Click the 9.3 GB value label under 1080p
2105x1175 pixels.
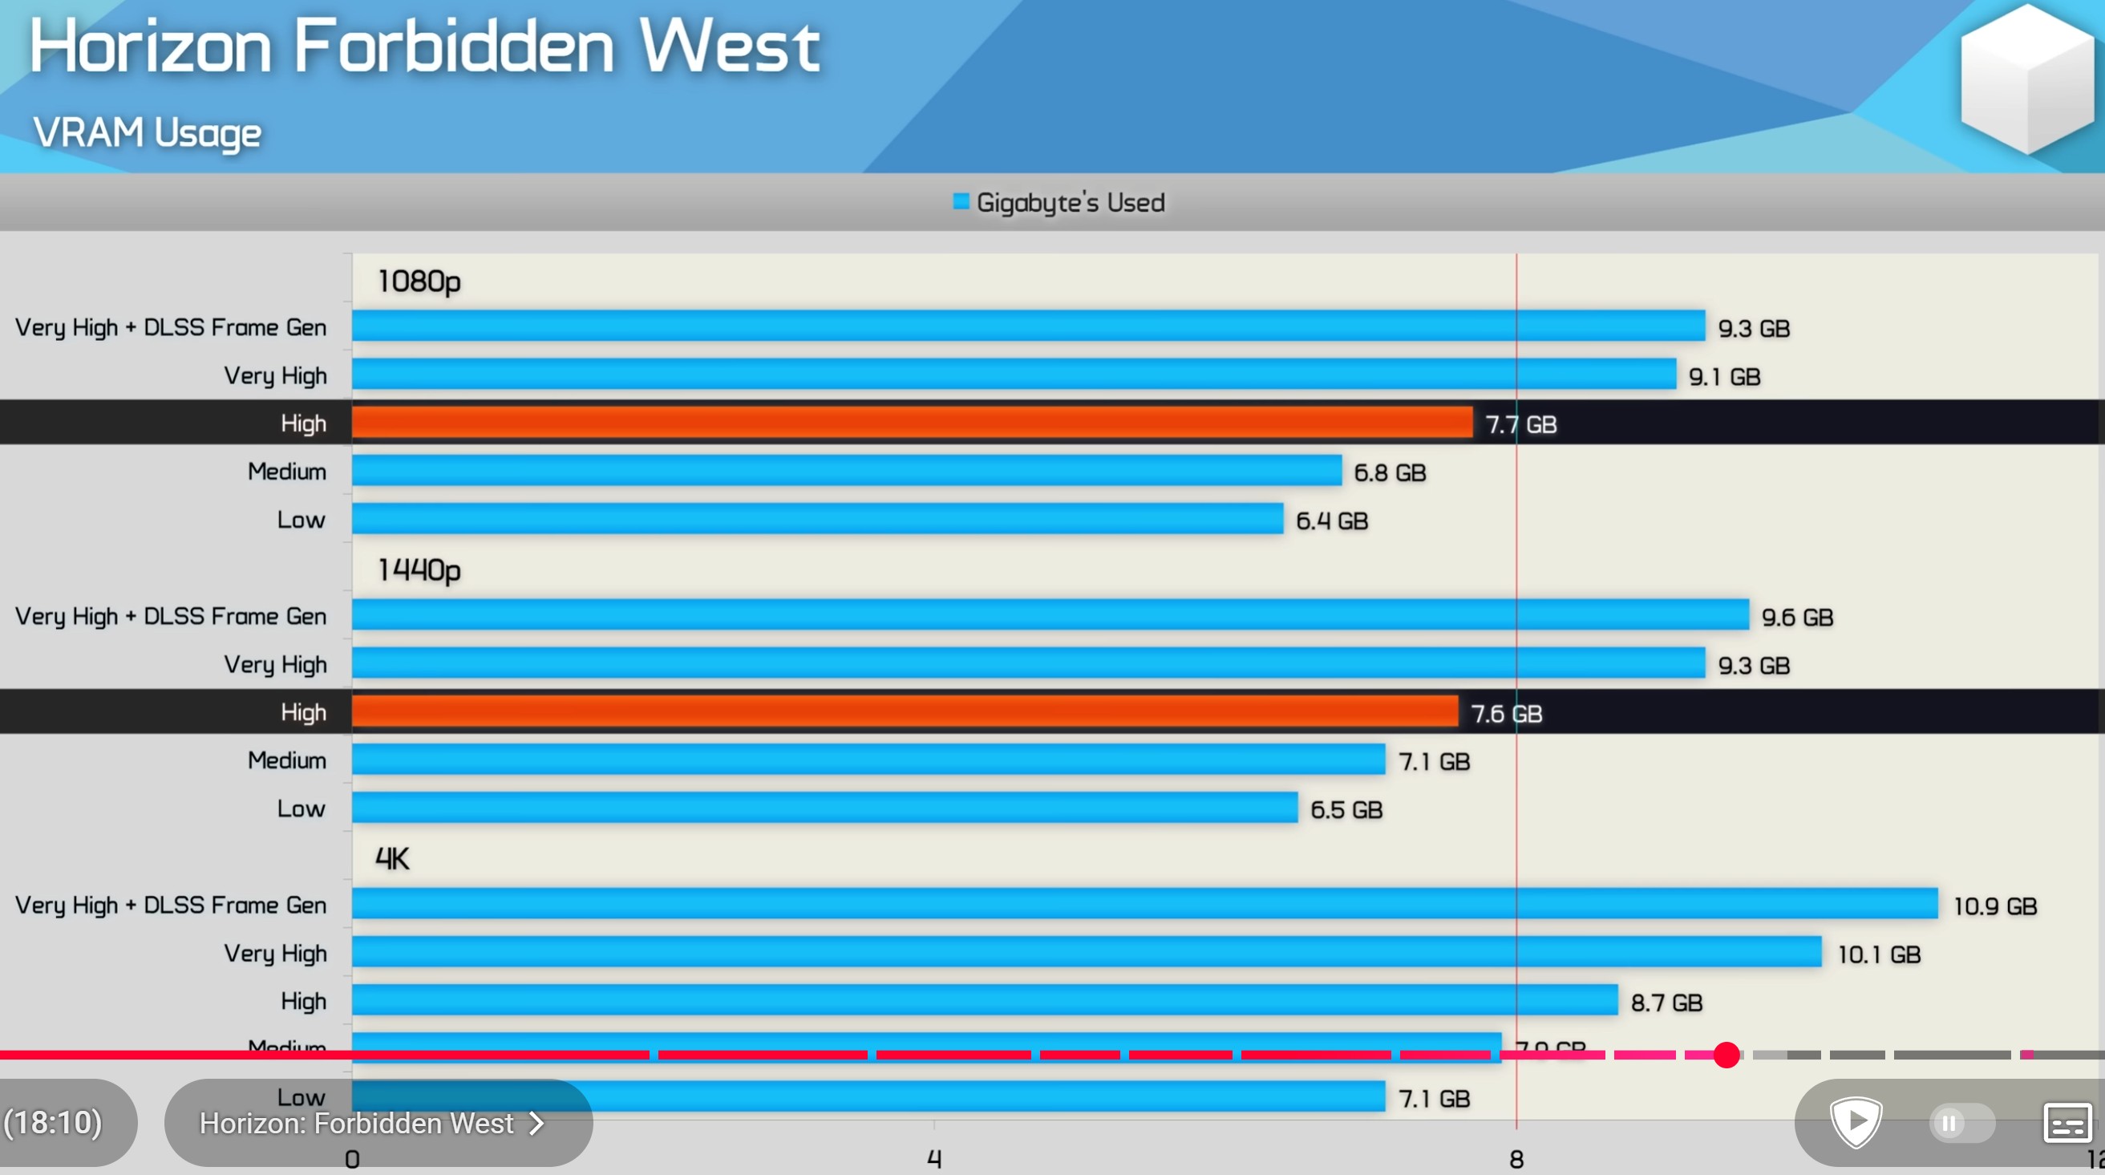tap(1753, 329)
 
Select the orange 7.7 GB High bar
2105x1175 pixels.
tap(911, 423)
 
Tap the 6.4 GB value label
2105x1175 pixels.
tap(1331, 521)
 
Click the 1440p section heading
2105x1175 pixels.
tap(419, 569)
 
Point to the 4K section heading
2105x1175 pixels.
tap(392, 859)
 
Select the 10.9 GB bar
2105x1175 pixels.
tap(1144, 904)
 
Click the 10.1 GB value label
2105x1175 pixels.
tap(1879, 954)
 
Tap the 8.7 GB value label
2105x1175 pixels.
tap(1666, 1003)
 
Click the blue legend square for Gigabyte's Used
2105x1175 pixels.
tap(961, 201)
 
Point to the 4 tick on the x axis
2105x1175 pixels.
tap(934, 1158)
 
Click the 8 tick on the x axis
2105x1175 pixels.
tap(1516, 1158)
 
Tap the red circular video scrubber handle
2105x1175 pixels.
tap(1726, 1055)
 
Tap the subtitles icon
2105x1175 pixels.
tap(2067, 1124)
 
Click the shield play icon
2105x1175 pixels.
tap(1856, 1122)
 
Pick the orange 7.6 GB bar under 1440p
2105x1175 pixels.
tap(905, 711)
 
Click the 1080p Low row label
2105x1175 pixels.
tap(301, 520)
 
